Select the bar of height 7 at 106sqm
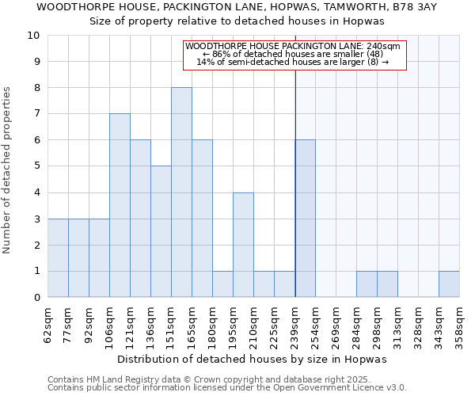(120, 205)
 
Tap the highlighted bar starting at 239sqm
(305, 219)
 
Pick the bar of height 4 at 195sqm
(243, 245)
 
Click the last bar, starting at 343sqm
(449, 284)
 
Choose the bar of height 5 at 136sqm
(161, 231)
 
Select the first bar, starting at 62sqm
(58, 258)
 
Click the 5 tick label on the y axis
(36, 166)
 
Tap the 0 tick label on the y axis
(36, 298)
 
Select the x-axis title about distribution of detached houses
(256, 359)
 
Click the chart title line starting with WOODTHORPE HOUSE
(237, 6)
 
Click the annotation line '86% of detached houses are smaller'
(294, 54)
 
